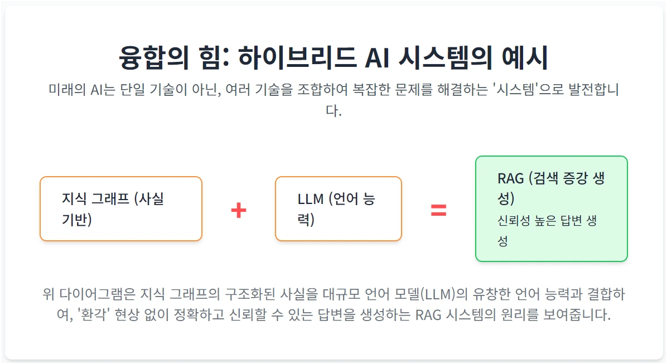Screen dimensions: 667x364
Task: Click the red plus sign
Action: tap(239, 210)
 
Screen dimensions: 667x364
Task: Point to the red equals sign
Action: tap(438, 210)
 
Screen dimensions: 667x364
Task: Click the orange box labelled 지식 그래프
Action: tap(121, 209)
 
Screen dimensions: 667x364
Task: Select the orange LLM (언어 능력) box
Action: tap(339, 209)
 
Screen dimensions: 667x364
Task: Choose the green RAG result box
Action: tap(551, 208)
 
